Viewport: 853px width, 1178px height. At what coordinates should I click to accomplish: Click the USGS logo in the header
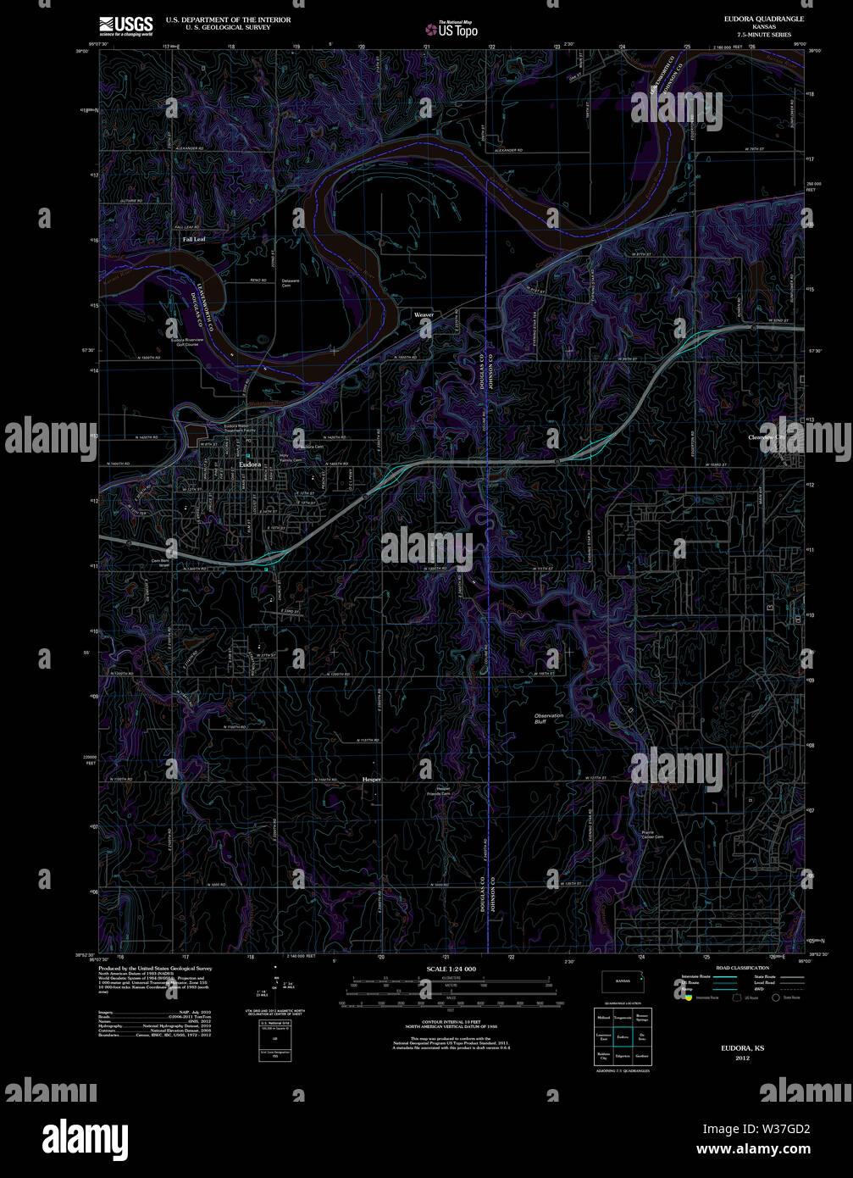[x=125, y=25]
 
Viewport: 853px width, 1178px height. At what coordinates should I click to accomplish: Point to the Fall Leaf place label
[x=194, y=240]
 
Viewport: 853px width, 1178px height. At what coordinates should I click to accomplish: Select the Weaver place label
[x=424, y=314]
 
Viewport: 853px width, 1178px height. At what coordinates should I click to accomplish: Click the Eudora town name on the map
[x=250, y=464]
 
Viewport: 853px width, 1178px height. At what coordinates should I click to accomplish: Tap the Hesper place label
[x=372, y=779]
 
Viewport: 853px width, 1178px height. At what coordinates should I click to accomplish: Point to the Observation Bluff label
[x=548, y=719]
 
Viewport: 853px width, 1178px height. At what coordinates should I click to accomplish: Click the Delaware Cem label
[x=291, y=283]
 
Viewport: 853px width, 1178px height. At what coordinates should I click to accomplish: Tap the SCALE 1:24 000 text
[x=451, y=969]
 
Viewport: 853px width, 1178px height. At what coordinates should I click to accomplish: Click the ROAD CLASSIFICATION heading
[x=742, y=968]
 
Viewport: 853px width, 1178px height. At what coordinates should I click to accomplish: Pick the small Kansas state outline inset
[x=623, y=981]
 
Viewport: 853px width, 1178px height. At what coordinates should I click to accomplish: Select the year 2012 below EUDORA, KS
[x=742, y=1059]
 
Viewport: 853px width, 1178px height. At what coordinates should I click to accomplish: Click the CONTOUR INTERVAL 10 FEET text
[x=451, y=1020]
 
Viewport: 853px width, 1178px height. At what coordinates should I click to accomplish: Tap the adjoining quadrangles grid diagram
[x=623, y=1036]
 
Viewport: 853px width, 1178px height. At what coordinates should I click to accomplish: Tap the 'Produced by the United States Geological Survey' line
[x=155, y=968]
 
